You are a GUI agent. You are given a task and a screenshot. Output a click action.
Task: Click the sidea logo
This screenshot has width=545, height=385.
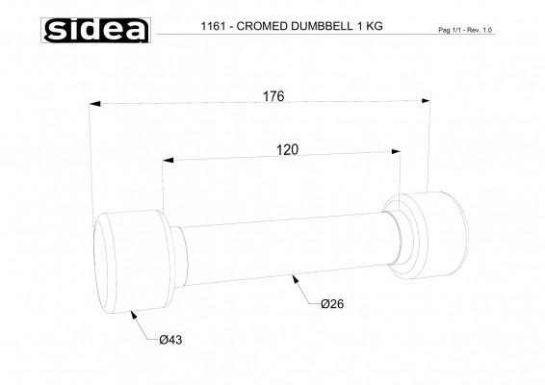[96, 30]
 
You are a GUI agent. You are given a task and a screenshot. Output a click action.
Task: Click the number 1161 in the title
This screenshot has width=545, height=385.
[213, 26]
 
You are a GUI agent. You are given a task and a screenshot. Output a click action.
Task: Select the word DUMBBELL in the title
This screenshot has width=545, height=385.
[322, 26]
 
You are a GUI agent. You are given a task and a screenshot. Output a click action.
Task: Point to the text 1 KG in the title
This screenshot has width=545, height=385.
[370, 26]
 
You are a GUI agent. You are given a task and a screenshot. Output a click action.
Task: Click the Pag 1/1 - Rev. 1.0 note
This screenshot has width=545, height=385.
[465, 30]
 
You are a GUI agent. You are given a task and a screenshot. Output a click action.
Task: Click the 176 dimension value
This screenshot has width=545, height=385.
[273, 96]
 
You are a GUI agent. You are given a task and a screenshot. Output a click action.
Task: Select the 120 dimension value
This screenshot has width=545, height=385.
[287, 150]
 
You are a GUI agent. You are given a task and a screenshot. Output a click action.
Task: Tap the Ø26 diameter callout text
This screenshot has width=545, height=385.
[332, 304]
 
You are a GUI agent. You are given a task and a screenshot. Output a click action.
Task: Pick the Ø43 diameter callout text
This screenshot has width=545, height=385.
[170, 340]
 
